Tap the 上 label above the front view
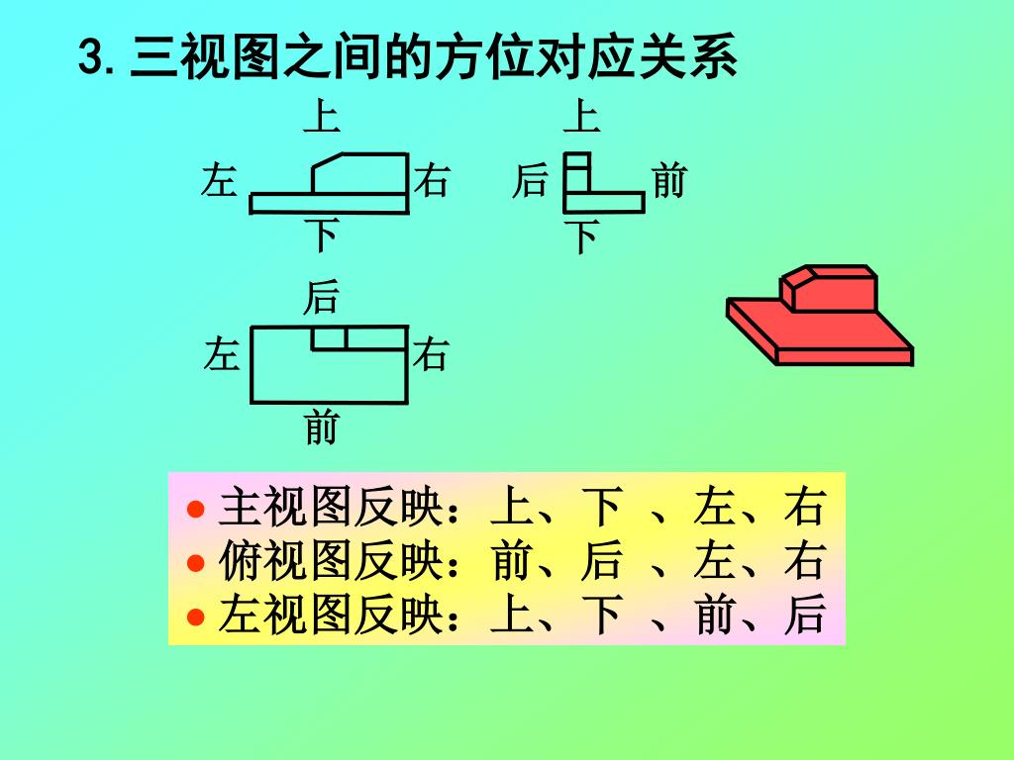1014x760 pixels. [x=321, y=118]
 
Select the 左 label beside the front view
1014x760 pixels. [x=218, y=182]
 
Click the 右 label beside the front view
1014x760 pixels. [x=433, y=182]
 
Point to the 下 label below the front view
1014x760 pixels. [x=321, y=236]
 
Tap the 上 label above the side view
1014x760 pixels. [x=582, y=118]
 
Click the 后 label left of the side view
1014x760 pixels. [x=530, y=182]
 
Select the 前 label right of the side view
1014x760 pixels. [x=669, y=182]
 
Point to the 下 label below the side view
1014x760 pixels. [x=582, y=237]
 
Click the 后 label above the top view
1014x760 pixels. [x=321, y=296]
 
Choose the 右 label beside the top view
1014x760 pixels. [x=431, y=354]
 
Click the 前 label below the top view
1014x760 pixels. [x=321, y=428]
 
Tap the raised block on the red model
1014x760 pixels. [x=830, y=288]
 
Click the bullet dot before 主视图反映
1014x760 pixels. [x=196, y=511]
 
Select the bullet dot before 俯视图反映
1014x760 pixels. [x=196, y=563]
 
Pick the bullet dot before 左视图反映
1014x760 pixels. [x=196, y=617]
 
